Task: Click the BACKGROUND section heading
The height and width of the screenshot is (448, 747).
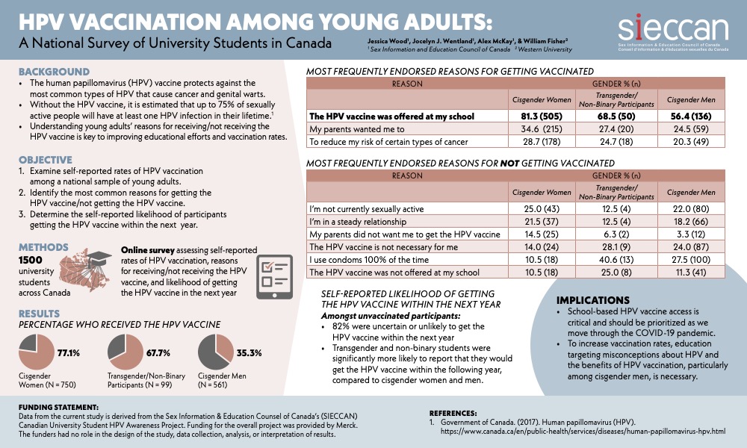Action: tap(55, 72)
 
